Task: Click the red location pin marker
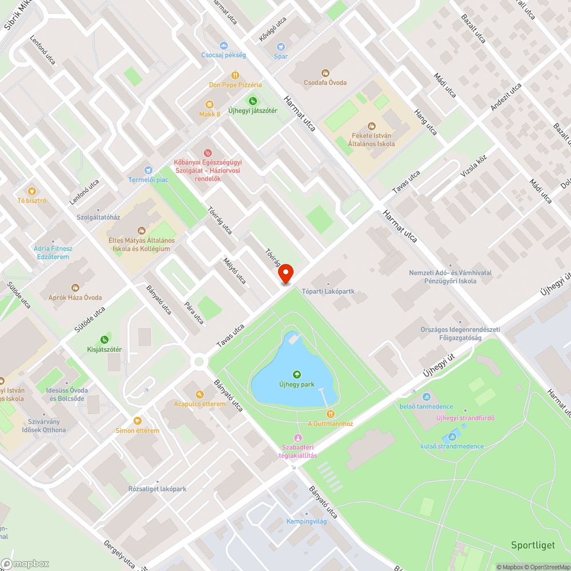coord(286,274)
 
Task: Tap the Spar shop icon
coord(280,47)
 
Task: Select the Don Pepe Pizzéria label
coord(235,85)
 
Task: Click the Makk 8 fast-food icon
coord(210,104)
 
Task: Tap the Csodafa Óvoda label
coord(325,82)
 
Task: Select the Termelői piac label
coord(148,180)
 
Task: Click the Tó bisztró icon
coord(32,191)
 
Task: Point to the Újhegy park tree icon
coord(296,375)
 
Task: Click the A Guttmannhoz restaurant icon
coord(330,413)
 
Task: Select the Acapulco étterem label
coord(200,404)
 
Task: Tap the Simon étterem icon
coord(137,421)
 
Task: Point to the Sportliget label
coord(533,545)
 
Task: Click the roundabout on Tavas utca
coord(199,361)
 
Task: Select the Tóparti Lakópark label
coord(328,291)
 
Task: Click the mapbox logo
coord(26,563)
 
